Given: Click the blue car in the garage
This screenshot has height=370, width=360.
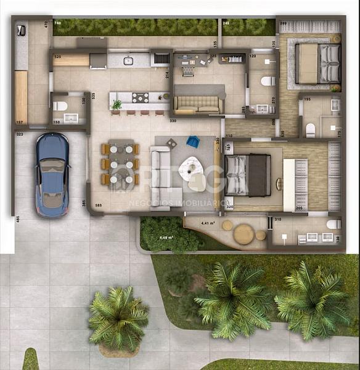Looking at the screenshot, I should pyautogui.click(x=52, y=175).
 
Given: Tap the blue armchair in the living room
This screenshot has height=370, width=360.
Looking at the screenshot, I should pyautogui.click(x=193, y=141).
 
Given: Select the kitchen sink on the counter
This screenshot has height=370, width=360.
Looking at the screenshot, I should pyautogui.click(x=128, y=60).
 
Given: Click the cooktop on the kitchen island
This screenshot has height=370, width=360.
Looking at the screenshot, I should pyautogui.click(x=141, y=97).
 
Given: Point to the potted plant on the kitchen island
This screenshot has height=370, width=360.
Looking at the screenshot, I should pyautogui.click(x=117, y=104).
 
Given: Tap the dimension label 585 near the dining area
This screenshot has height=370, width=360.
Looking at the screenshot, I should pyautogui.click(x=97, y=205).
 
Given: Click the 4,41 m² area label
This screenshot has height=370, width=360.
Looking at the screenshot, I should pyautogui.click(x=207, y=223).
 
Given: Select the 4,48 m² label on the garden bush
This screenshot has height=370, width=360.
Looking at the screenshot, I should pyautogui.click(x=166, y=237).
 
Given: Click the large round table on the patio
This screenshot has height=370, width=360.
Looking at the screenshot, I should pyautogui.click(x=243, y=234).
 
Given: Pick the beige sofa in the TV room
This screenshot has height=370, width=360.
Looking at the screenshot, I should pyautogui.click(x=198, y=104).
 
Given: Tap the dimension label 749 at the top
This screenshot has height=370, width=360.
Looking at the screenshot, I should pyautogui.click(x=57, y=23).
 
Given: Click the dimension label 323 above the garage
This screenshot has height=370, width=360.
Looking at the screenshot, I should pyautogui.click(x=19, y=133).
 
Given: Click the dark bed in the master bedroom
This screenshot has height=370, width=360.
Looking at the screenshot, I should pyautogui.click(x=248, y=175).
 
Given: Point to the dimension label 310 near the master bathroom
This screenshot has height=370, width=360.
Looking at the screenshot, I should pyautogui.click(x=277, y=220).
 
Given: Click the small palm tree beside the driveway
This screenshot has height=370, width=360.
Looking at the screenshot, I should pyautogui.click(x=118, y=319).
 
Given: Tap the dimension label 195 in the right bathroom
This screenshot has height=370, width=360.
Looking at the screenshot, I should pyautogui.click(x=307, y=99).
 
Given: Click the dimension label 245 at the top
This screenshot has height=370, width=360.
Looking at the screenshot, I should pyautogui.click(x=226, y=23).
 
